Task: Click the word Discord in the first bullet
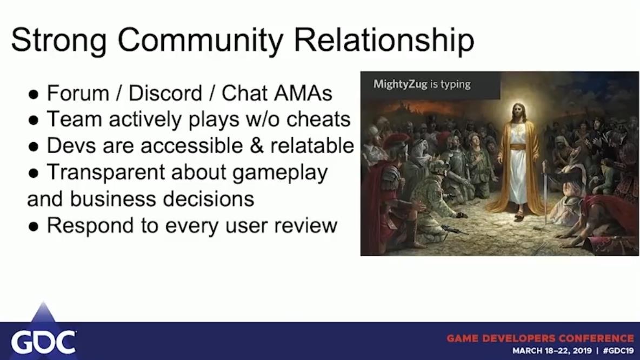(x=165, y=93)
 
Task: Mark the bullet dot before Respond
(x=34, y=227)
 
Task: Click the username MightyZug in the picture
(x=401, y=84)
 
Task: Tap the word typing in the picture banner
(x=456, y=84)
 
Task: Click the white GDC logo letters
(x=43, y=343)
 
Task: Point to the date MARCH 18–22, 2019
(x=552, y=351)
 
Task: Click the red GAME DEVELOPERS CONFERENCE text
(x=541, y=338)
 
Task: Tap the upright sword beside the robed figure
(x=545, y=192)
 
